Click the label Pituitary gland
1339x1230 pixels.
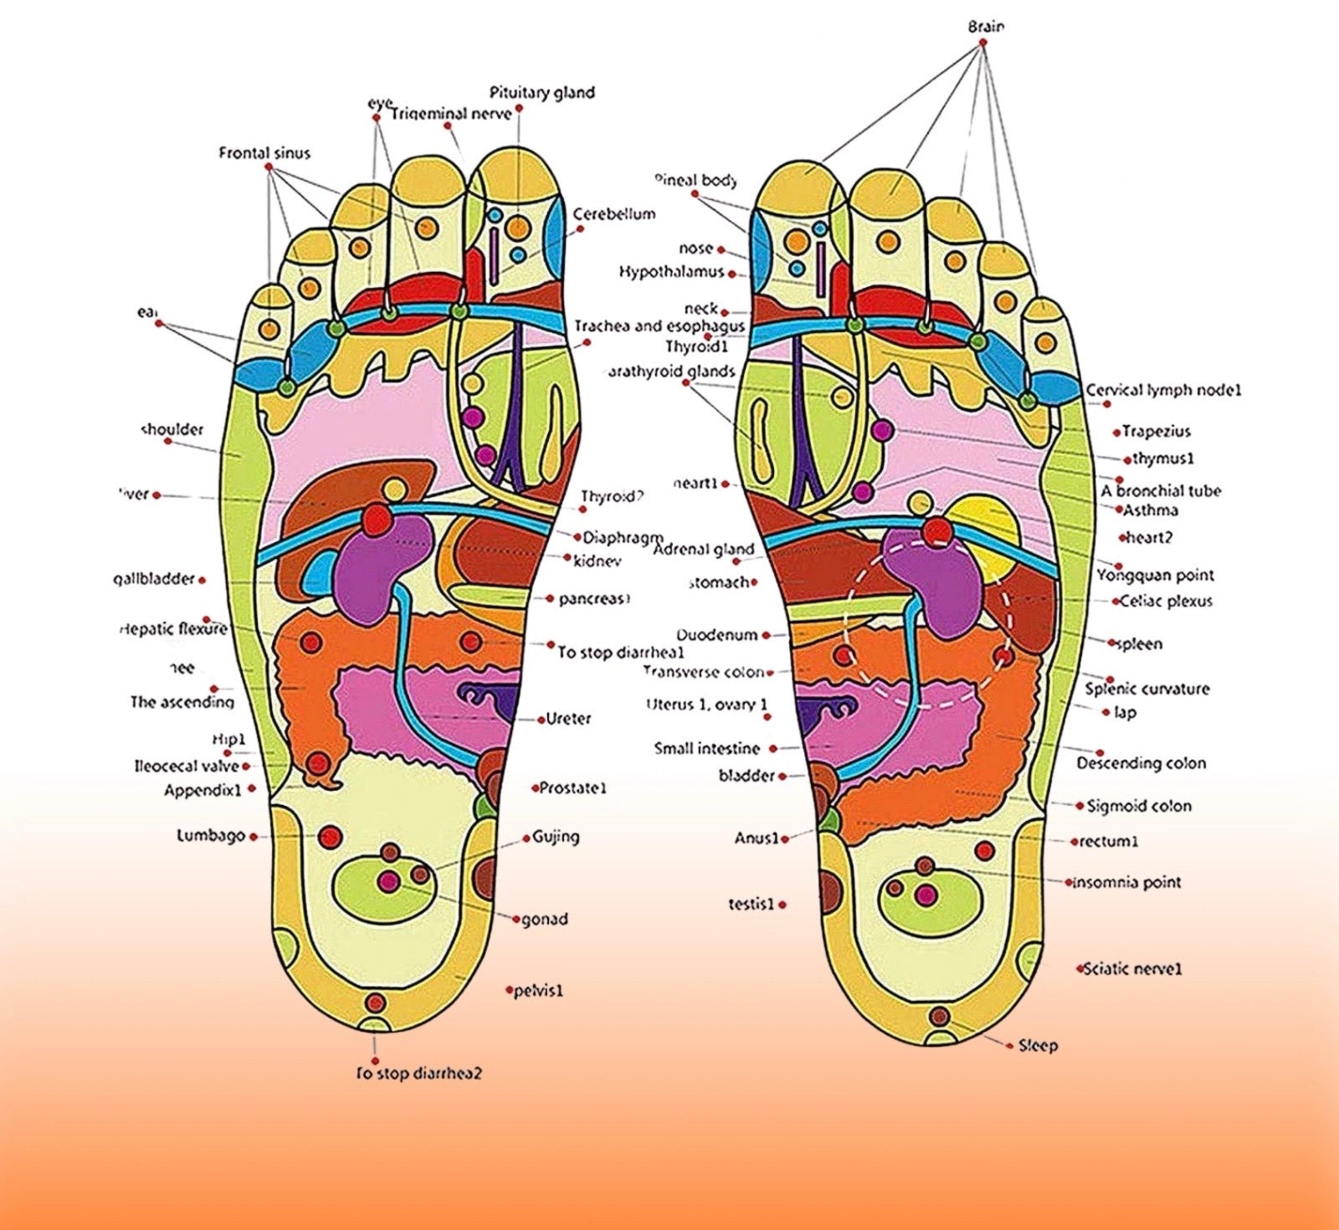[x=541, y=92]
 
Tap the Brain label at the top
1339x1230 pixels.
[x=986, y=26]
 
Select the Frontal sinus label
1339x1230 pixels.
[x=264, y=153]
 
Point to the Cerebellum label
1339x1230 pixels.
[x=613, y=214]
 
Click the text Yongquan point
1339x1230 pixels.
[x=1154, y=576]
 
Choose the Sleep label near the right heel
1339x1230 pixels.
[x=1038, y=1045]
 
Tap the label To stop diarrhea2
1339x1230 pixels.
[x=418, y=1074]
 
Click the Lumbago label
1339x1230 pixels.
[x=211, y=835]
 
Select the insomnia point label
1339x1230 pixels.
[x=1127, y=882]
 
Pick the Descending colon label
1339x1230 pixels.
[x=1141, y=763]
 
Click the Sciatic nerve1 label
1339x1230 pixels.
[x=1132, y=969]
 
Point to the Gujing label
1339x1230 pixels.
[x=556, y=837]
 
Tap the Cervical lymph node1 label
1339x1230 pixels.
[x=1163, y=391]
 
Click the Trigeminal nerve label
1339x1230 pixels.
[x=451, y=113]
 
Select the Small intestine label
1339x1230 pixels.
[x=707, y=749]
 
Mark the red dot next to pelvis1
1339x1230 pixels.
[x=508, y=991]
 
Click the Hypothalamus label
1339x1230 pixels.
[x=671, y=273]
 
